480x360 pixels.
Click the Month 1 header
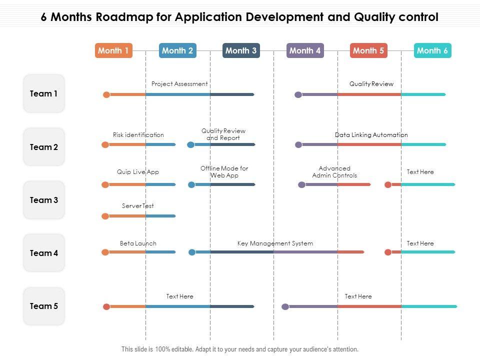tap(113, 50)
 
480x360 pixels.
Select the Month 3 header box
tap(241, 50)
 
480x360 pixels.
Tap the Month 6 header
tap(432, 50)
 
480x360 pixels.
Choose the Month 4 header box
tap(305, 50)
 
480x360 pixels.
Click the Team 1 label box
tap(44, 93)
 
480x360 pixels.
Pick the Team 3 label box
tap(44, 200)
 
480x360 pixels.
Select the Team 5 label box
tap(44, 306)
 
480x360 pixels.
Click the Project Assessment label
tap(179, 84)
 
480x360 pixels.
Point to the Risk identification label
tap(138, 135)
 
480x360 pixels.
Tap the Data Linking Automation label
tap(371, 135)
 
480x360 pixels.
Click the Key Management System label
tap(275, 243)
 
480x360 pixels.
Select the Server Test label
tap(138, 206)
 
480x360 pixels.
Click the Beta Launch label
tap(138, 243)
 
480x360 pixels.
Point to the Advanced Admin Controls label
tap(334, 172)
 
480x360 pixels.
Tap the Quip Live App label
tap(138, 172)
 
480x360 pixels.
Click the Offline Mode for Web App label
tap(224, 172)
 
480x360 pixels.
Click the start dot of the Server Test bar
tap(105, 216)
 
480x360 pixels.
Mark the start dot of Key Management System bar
tap(192, 252)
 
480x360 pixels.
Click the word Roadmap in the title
tap(127, 17)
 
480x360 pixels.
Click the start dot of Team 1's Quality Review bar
tap(298, 94)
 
